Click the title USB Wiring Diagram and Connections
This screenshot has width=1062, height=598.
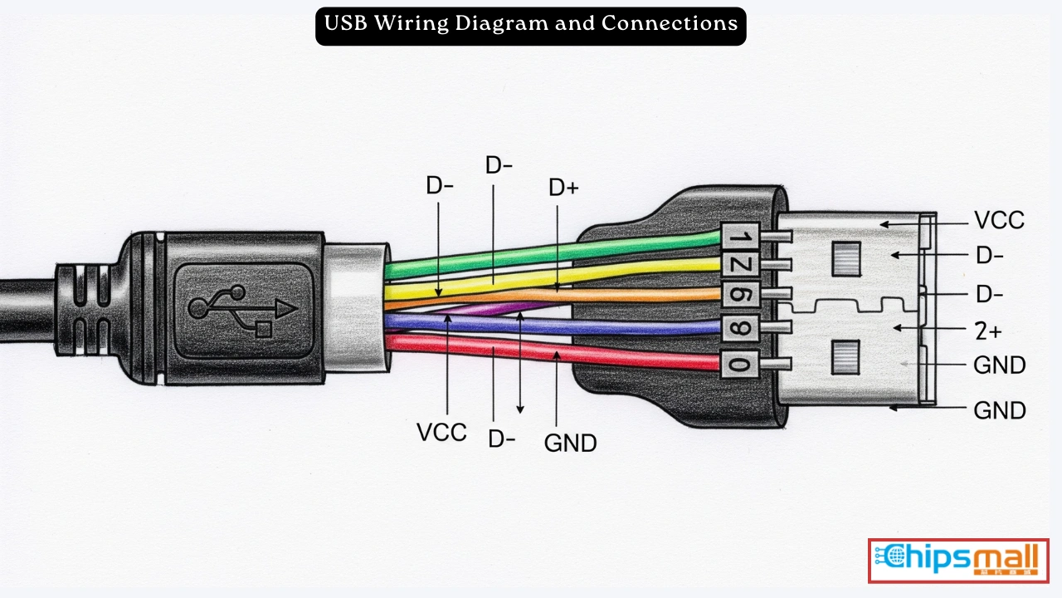pyautogui.click(x=531, y=24)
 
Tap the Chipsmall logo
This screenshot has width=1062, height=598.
pyautogui.click(x=958, y=560)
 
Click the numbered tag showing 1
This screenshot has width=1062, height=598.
pyautogui.click(x=737, y=238)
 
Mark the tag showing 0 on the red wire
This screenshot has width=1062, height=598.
pyautogui.click(x=737, y=363)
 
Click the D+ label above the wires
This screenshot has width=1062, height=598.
pyautogui.click(x=563, y=188)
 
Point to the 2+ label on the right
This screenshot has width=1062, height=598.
pyautogui.click(x=987, y=331)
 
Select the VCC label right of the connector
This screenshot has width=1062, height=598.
pyautogui.click(x=999, y=221)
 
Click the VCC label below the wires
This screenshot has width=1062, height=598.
pyautogui.click(x=441, y=432)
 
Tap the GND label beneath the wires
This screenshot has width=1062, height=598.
pyautogui.click(x=570, y=443)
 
